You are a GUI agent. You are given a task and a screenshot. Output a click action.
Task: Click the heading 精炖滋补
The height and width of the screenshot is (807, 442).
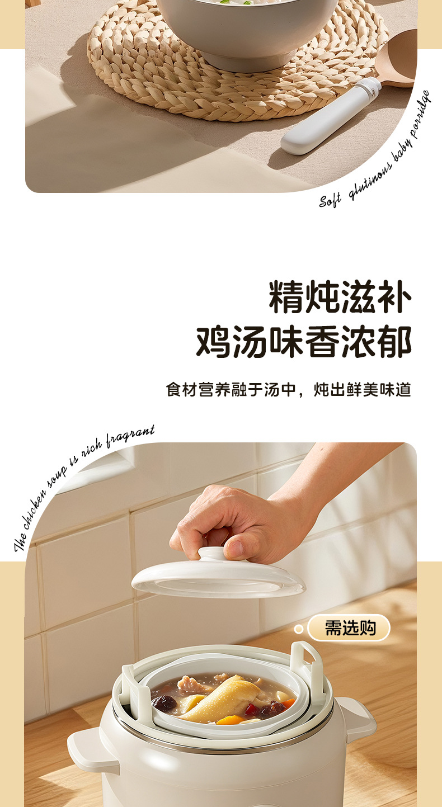click(x=340, y=296)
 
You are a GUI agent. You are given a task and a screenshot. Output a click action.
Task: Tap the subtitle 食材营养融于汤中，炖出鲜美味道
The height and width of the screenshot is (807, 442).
click(x=288, y=389)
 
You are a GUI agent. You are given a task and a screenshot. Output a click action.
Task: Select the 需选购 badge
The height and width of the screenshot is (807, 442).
click(x=350, y=627)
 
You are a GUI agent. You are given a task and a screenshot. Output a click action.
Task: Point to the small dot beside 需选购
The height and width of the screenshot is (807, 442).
click(x=299, y=629)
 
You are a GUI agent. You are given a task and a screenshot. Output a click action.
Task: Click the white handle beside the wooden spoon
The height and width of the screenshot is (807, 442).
click(x=330, y=117)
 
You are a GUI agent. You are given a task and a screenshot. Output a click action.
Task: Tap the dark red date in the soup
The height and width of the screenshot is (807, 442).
click(x=163, y=703)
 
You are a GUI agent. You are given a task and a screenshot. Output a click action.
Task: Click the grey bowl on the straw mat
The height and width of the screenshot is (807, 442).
click(x=246, y=28)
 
